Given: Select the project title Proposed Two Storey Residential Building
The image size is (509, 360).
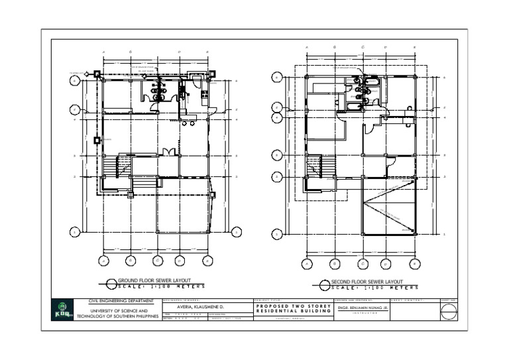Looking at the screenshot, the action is (x=292, y=309).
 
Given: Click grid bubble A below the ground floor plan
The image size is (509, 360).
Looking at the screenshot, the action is (x=103, y=261).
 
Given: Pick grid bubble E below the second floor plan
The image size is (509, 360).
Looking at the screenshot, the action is (x=413, y=263).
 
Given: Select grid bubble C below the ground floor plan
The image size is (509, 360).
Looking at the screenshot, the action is (x=157, y=261).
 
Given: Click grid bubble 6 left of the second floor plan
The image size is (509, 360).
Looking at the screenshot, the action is (x=277, y=78).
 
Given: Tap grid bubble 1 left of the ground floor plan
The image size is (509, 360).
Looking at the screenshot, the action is (x=76, y=231).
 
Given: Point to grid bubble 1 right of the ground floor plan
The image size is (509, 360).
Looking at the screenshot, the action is (x=237, y=231).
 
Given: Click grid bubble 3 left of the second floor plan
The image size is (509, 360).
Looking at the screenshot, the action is (x=277, y=155).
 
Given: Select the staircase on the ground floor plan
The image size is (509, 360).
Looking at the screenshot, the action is (x=123, y=166).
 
